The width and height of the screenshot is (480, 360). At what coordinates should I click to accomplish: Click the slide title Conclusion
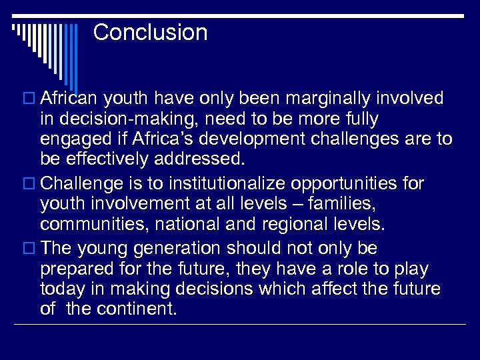tap(150, 32)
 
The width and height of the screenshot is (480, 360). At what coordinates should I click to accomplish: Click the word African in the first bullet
tap(69, 99)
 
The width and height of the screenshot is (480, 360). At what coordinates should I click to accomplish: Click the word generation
tap(172, 249)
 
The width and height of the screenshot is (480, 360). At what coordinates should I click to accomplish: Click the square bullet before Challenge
tap(29, 183)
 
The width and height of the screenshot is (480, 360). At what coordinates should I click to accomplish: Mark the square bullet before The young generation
tap(29, 249)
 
